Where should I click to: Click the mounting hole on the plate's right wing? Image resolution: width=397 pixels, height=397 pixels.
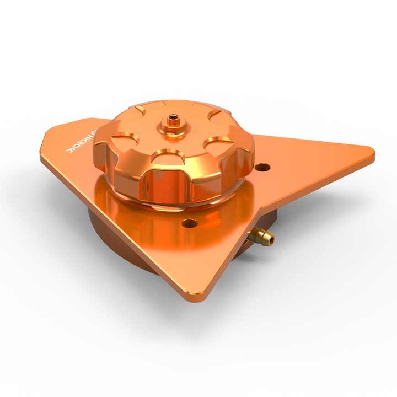[x=263, y=167]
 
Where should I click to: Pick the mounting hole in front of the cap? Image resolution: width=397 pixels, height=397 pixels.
[x=189, y=223]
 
